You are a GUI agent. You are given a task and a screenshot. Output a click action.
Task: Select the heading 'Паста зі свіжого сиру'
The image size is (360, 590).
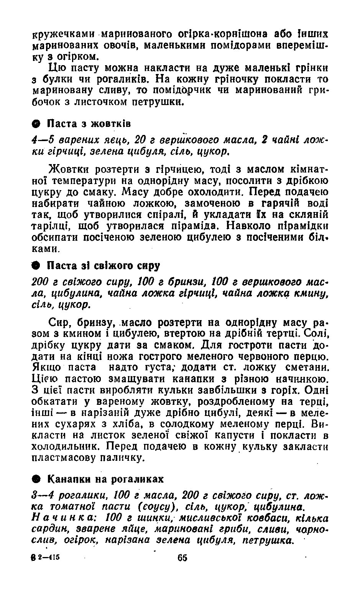click(x=104, y=266)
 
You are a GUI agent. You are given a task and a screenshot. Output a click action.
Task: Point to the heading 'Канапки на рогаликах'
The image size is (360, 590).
click(x=105, y=479)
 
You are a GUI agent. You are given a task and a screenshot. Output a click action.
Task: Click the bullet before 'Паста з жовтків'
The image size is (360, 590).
click(x=36, y=124)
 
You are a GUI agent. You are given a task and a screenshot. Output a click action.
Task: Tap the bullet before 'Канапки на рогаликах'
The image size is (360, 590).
click(x=36, y=479)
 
